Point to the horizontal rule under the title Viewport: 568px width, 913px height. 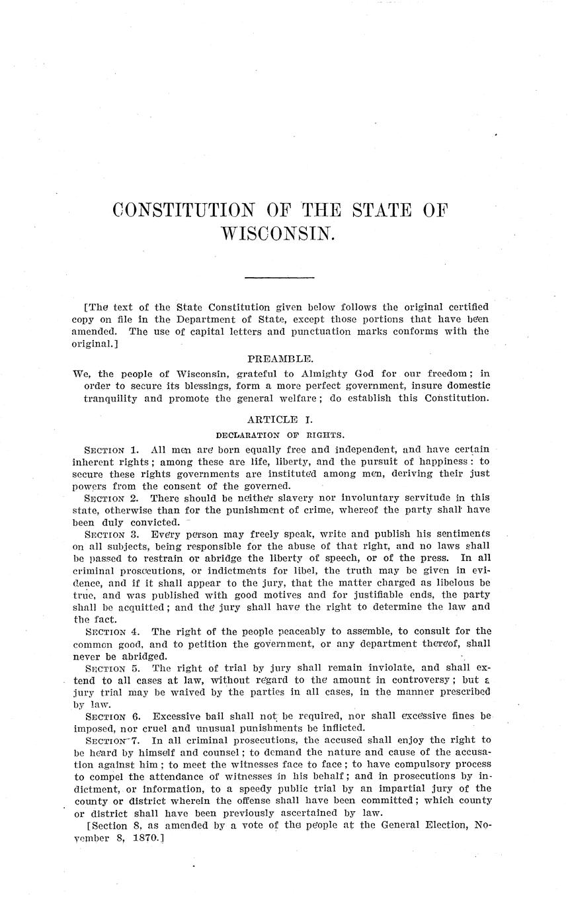[279, 277]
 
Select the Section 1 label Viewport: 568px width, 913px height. [111, 450]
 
